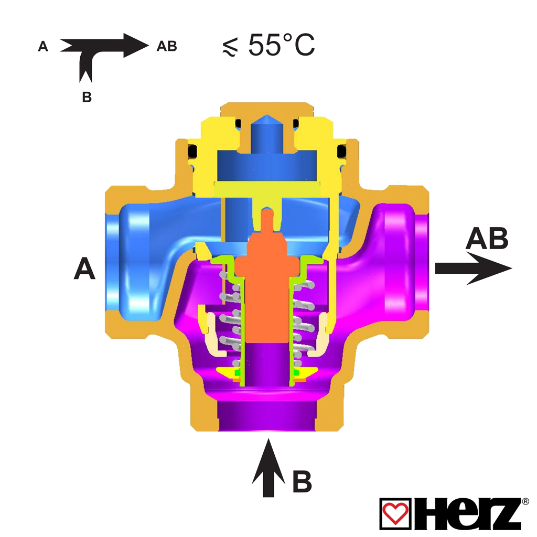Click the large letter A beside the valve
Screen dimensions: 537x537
84,269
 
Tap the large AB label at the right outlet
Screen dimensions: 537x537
487,238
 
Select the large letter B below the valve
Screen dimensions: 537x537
302,481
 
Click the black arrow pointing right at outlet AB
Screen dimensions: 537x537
474,268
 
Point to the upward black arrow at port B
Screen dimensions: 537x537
268,468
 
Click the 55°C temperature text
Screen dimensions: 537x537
281,45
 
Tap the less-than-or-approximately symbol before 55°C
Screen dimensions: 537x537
230,48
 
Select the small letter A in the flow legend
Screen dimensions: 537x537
43,46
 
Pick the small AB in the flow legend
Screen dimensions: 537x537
167,46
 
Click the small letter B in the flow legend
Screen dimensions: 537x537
87,97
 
